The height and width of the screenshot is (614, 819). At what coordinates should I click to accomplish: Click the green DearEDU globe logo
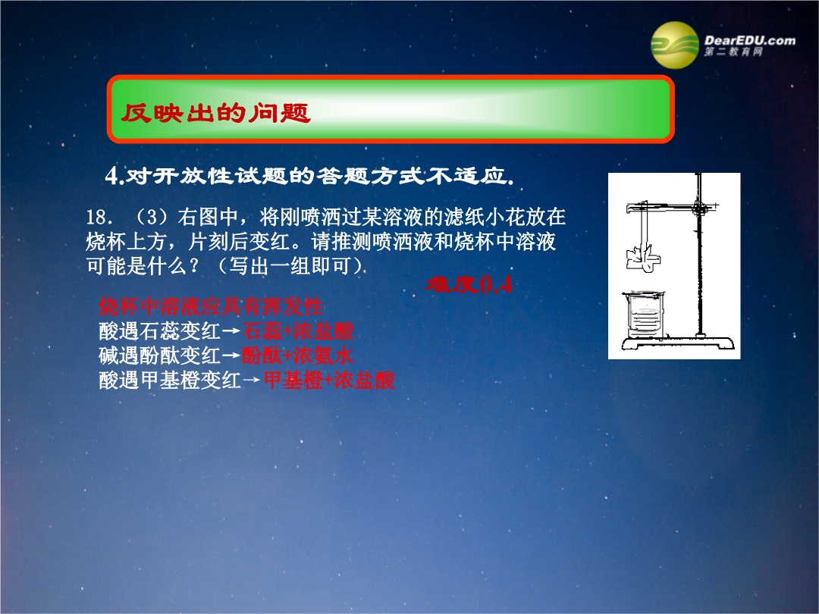point(674,45)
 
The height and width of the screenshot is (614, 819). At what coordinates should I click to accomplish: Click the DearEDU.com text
point(749,40)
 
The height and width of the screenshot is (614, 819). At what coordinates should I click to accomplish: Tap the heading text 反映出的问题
point(215,112)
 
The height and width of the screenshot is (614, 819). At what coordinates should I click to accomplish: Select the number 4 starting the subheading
point(111,175)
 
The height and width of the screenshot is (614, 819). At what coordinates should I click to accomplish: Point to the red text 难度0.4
point(469,284)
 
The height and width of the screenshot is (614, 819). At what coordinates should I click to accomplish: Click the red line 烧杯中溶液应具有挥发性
point(211,306)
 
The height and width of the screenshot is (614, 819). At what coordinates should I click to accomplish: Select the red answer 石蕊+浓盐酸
point(298,331)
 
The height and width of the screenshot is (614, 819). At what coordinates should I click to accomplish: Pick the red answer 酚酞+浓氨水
point(297,356)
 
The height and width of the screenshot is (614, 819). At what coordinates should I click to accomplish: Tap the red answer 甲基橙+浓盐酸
point(329,380)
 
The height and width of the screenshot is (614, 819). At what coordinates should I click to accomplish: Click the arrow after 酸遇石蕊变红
point(231,331)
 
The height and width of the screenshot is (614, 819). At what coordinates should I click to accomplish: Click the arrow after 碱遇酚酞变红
point(231,356)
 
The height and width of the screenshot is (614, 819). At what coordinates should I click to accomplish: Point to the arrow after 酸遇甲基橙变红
point(252,381)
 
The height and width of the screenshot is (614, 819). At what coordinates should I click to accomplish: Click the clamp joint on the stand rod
point(699,209)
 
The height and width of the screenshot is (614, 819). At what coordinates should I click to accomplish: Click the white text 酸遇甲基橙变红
point(170,380)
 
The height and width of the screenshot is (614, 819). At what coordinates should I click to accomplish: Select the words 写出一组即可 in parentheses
point(290,266)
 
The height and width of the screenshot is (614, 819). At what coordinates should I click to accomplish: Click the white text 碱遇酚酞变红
point(160,356)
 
